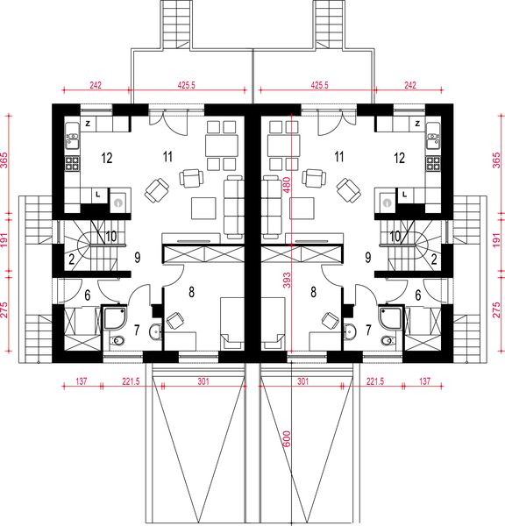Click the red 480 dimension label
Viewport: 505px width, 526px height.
point(287,185)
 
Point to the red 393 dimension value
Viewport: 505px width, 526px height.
point(287,281)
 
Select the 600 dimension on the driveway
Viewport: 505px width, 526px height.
point(287,439)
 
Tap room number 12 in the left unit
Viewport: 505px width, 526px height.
point(107,158)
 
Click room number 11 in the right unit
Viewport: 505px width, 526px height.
point(339,157)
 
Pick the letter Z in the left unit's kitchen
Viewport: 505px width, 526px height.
point(88,124)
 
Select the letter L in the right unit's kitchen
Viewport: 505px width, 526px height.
point(405,195)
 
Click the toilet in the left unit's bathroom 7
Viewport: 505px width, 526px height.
point(117,341)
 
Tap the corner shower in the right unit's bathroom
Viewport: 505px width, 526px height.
point(390,317)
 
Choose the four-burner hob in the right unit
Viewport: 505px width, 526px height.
point(433,164)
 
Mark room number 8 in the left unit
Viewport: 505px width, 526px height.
point(191,292)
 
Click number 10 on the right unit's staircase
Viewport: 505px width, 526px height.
point(395,236)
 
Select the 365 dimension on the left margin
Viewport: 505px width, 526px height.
point(4,160)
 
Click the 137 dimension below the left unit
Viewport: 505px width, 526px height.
point(82,381)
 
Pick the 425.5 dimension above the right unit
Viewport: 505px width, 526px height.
point(319,85)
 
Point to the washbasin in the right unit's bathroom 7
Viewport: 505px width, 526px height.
point(349,331)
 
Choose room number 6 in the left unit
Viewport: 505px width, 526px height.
point(88,295)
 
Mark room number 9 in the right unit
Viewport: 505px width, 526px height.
point(368,258)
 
